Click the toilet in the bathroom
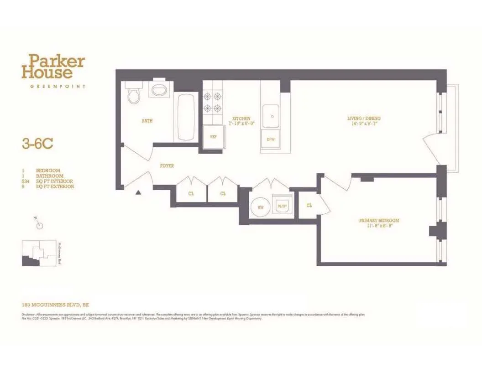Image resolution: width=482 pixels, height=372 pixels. pyautogui.click(x=134, y=95)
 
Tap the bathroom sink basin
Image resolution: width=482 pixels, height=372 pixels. pyautogui.click(x=159, y=89)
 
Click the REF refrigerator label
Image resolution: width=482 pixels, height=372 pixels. pyautogui.click(x=213, y=137)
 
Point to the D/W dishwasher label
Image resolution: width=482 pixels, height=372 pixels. pyautogui.click(x=271, y=139)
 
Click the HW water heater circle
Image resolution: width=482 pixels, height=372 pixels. pyautogui.click(x=261, y=207)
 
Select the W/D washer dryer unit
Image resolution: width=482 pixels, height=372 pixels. pyautogui.click(x=282, y=206)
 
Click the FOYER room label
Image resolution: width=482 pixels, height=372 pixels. pyautogui.click(x=167, y=166)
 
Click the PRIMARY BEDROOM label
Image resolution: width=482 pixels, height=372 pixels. pyautogui.click(x=379, y=221)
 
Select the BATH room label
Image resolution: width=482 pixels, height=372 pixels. pyautogui.click(x=147, y=121)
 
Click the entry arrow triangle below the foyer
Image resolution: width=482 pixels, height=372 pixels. pyautogui.click(x=138, y=192)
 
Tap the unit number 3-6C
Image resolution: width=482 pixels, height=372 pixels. pyautogui.click(x=37, y=144)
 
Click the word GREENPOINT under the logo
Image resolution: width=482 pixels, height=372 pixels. pyautogui.click(x=54, y=86)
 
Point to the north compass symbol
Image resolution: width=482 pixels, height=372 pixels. pyautogui.click(x=40, y=224)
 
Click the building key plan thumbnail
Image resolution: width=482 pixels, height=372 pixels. pyautogui.click(x=39, y=253)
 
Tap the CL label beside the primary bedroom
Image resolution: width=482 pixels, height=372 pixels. pyautogui.click(x=309, y=206)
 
